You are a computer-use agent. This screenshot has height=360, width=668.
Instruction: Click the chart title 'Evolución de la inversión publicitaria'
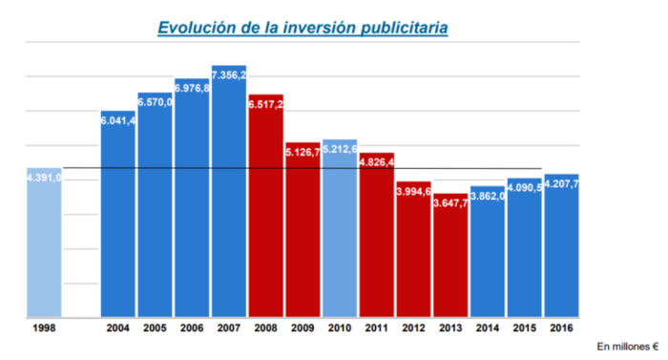[x=303, y=29]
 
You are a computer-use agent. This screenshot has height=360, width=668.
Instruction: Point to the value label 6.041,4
[x=118, y=121]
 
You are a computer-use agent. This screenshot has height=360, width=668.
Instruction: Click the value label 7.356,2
[x=229, y=74]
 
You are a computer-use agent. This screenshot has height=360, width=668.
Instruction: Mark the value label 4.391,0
[x=44, y=178]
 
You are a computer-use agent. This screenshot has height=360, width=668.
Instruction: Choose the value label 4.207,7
[x=561, y=184]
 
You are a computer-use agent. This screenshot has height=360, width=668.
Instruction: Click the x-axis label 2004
[x=118, y=329]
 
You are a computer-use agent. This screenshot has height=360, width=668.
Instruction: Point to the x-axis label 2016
[x=561, y=329]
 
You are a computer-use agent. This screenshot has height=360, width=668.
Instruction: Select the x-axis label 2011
[x=377, y=329]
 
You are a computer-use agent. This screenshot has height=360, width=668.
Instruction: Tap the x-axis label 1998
[x=44, y=329]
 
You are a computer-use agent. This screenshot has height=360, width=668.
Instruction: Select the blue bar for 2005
[x=156, y=210]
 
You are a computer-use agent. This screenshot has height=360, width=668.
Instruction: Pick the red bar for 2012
[x=413, y=253]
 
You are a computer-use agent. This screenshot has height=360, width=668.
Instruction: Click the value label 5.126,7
[x=303, y=151]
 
